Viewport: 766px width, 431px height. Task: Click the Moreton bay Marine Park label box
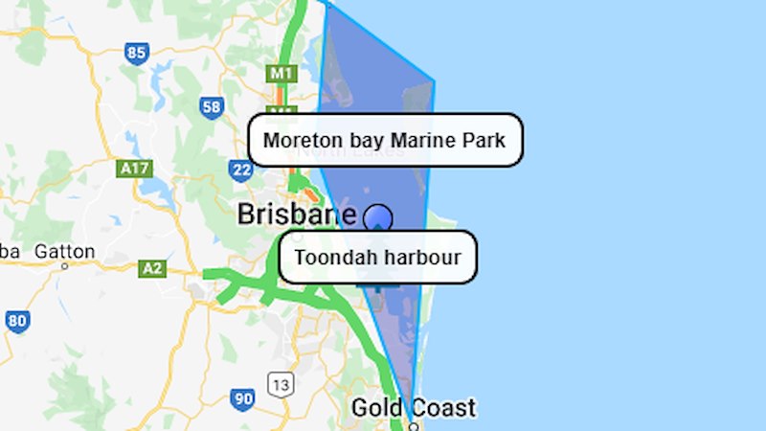click(385, 141)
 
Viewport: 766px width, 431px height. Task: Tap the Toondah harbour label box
click(377, 257)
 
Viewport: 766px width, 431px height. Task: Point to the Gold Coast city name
click(414, 407)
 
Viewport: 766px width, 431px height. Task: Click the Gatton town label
click(65, 252)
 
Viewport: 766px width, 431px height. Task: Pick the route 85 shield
click(137, 53)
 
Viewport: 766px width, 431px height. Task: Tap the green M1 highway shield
click(280, 73)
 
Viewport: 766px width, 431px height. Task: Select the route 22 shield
click(240, 170)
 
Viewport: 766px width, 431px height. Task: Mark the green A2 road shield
click(152, 268)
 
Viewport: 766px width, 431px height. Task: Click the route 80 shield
click(16, 321)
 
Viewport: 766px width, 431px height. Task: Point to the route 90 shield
click(242, 397)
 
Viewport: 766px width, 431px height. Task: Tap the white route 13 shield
click(281, 385)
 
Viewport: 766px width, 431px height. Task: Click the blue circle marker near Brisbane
click(378, 218)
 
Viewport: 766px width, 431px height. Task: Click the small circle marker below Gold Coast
click(414, 425)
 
